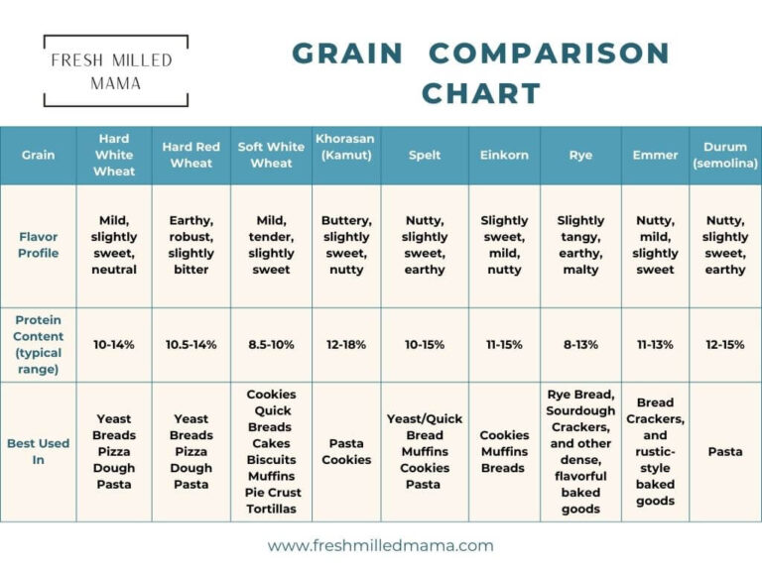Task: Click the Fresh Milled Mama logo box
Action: pos(116,70)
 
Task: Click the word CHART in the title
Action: pos(480,94)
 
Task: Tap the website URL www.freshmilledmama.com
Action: pos(380,545)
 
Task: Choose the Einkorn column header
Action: pos(504,156)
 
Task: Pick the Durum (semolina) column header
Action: pos(724,155)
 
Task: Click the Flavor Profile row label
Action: pos(38,245)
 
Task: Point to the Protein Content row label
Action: pos(38,344)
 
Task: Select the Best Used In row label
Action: pos(38,451)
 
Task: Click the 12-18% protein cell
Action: pos(345,345)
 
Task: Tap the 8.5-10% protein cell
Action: pos(271,345)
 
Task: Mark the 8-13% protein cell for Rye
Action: pos(580,345)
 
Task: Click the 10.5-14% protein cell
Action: pos(190,345)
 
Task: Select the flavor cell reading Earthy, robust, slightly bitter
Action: pos(190,245)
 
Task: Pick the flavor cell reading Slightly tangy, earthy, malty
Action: pos(580,245)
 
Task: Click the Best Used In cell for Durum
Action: pos(724,451)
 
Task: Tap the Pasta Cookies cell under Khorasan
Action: pos(345,451)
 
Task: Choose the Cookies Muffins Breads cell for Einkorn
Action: pos(504,451)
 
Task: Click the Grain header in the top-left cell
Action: pos(38,156)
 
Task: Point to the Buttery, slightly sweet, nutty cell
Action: pos(345,245)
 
